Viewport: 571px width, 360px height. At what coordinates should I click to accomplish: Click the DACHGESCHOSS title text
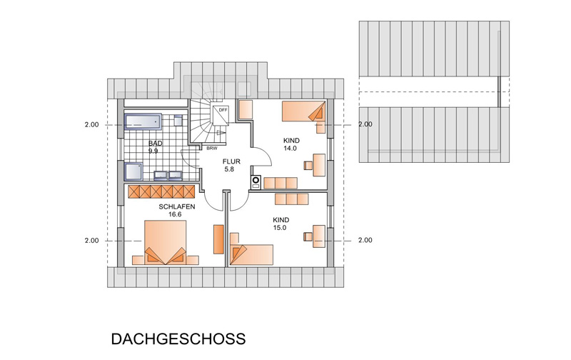(178, 339)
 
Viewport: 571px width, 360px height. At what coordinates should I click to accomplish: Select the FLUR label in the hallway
(231, 161)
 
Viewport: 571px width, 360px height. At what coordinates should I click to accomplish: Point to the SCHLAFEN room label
(177, 206)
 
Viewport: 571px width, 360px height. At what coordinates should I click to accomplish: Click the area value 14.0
(290, 149)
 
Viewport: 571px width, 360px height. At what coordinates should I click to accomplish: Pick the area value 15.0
(280, 228)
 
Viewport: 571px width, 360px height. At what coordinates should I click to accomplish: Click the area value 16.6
(175, 214)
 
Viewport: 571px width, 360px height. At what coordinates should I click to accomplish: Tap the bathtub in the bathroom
(143, 121)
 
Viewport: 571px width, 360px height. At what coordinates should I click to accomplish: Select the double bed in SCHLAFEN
(166, 242)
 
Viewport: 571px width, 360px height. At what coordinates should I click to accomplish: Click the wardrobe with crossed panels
(162, 191)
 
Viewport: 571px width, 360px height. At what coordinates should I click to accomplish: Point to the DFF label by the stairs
(223, 110)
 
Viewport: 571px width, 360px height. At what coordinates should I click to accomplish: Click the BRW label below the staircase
(211, 149)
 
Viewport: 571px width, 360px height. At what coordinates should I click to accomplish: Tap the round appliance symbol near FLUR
(256, 181)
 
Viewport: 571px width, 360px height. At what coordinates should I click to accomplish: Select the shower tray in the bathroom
(133, 171)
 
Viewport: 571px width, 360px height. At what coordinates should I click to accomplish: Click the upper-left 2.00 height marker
(92, 124)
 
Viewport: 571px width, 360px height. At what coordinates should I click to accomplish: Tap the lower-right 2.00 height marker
(365, 240)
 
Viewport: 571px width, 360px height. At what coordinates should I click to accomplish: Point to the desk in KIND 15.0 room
(319, 236)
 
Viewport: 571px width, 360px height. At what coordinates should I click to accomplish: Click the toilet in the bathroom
(178, 120)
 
